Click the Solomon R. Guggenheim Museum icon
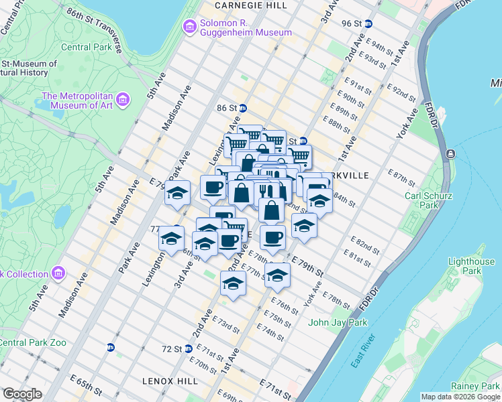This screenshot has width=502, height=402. pos(190,26)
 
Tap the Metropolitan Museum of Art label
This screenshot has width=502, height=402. pos(79,100)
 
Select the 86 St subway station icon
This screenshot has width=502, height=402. pos(243,108)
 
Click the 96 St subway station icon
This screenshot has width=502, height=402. pos(368,23)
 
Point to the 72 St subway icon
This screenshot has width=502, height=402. pos(189,348)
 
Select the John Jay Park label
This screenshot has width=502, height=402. pos(338,322)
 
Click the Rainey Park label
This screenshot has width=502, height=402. pos(475,387)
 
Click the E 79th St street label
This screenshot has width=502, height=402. pos(307,267)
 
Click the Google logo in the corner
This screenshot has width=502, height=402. pos(22,394)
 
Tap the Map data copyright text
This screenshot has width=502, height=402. pos(460,397)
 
